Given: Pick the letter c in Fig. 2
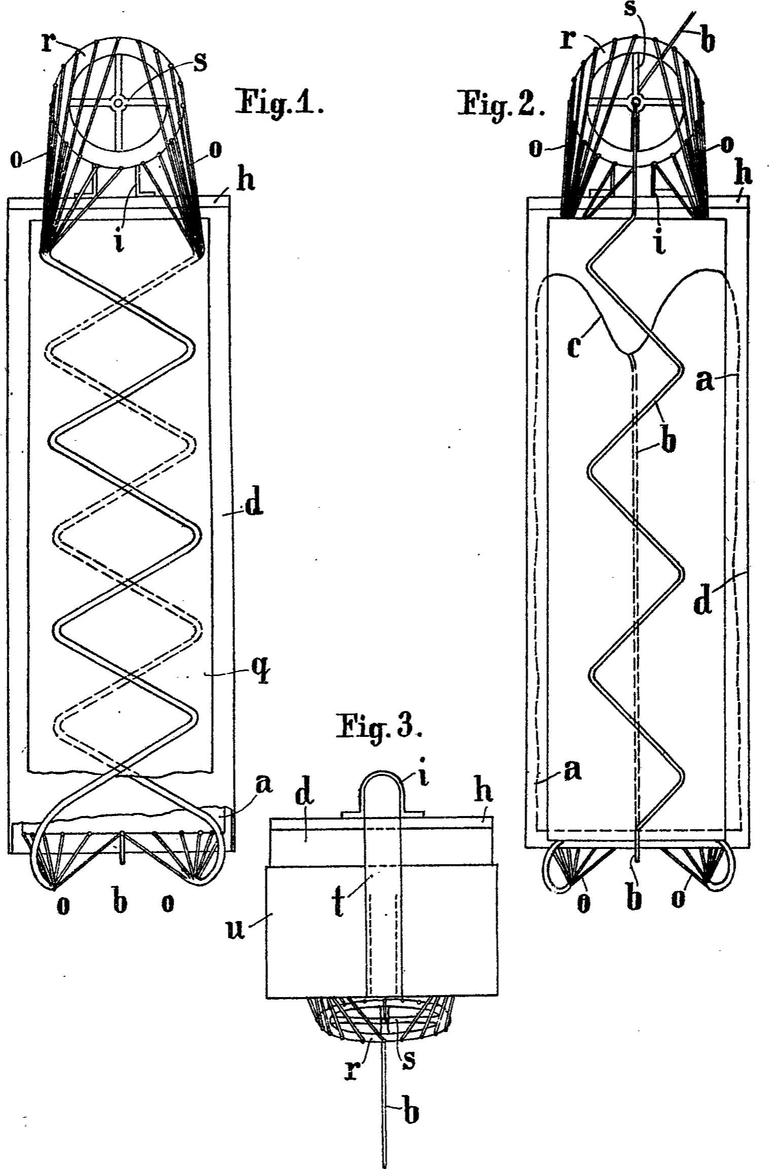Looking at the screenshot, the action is click(x=573, y=348).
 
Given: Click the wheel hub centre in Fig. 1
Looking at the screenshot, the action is click(x=118, y=103).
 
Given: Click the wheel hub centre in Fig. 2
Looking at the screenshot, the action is click(x=635, y=103).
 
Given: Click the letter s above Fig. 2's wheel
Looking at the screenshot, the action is click(x=630, y=9).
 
